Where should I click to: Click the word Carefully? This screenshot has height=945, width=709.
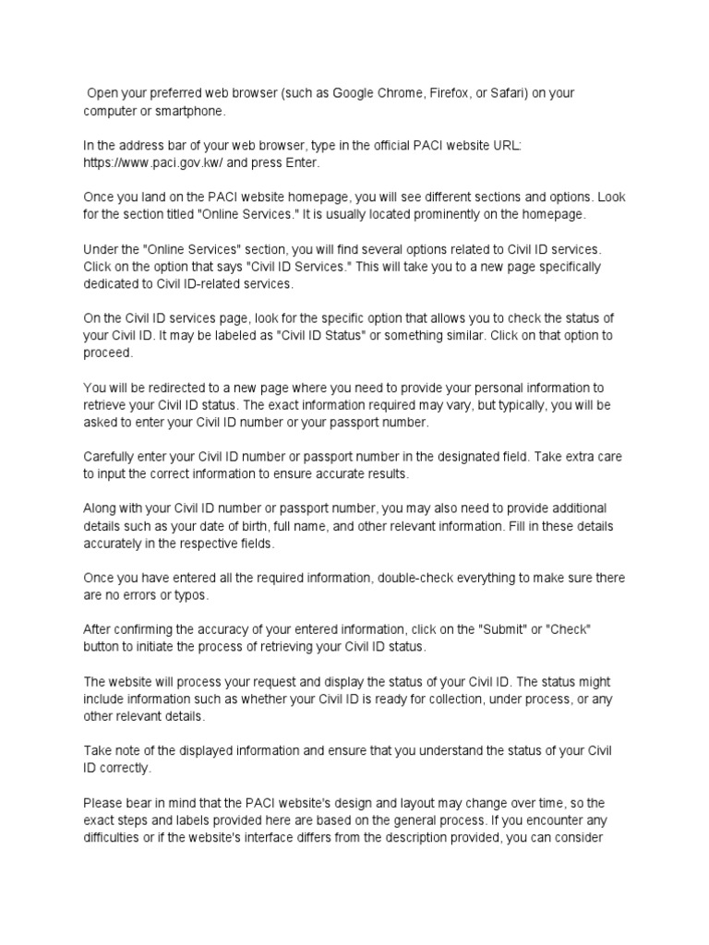(x=114, y=457)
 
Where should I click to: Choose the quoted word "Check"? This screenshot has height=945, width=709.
(x=569, y=629)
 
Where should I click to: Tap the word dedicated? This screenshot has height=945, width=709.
(x=114, y=284)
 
